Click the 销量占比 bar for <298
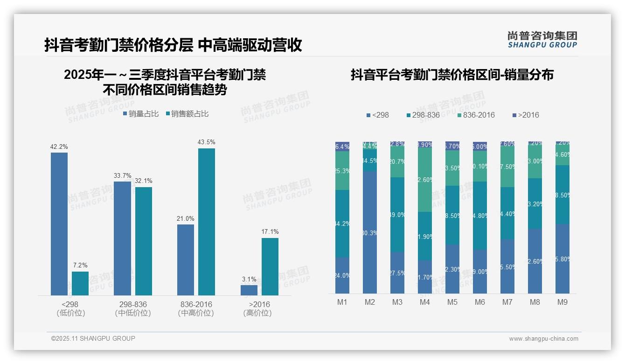pyautogui.click(x=59, y=224)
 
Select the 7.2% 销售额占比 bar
pyautogui.click(x=80, y=283)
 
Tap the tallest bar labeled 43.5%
pyautogui.click(x=207, y=222)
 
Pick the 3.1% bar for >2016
pyautogui.click(x=249, y=290)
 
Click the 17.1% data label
pyautogui.click(x=270, y=231)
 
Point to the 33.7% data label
pyautogui.click(x=123, y=175)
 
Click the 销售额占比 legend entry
pyautogui.click(x=187, y=113)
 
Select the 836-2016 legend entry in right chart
pyautogui.click(x=475, y=115)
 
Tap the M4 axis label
pyautogui.click(x=424, y=302)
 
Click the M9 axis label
pyautogui.click(x=562, y=302)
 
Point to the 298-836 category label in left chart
pyautogui.click(x=133, y=304)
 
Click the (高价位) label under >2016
pyautogui.click(x=257, y=313)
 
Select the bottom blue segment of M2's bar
pyautogui.click(x=370, y=232)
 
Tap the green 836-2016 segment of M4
pyautogui.click(x=425, y=180)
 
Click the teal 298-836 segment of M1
pyautogui.click(x=342, y=224)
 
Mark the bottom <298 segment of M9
pyautogui.click(x=562, y=259)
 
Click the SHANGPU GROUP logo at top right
pyautogui.click(x=542, y=40)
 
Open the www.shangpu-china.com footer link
pyautogui.click(x=543, y=339)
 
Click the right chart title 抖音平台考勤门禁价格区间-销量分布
pyautogui.click(x=452, y=75)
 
